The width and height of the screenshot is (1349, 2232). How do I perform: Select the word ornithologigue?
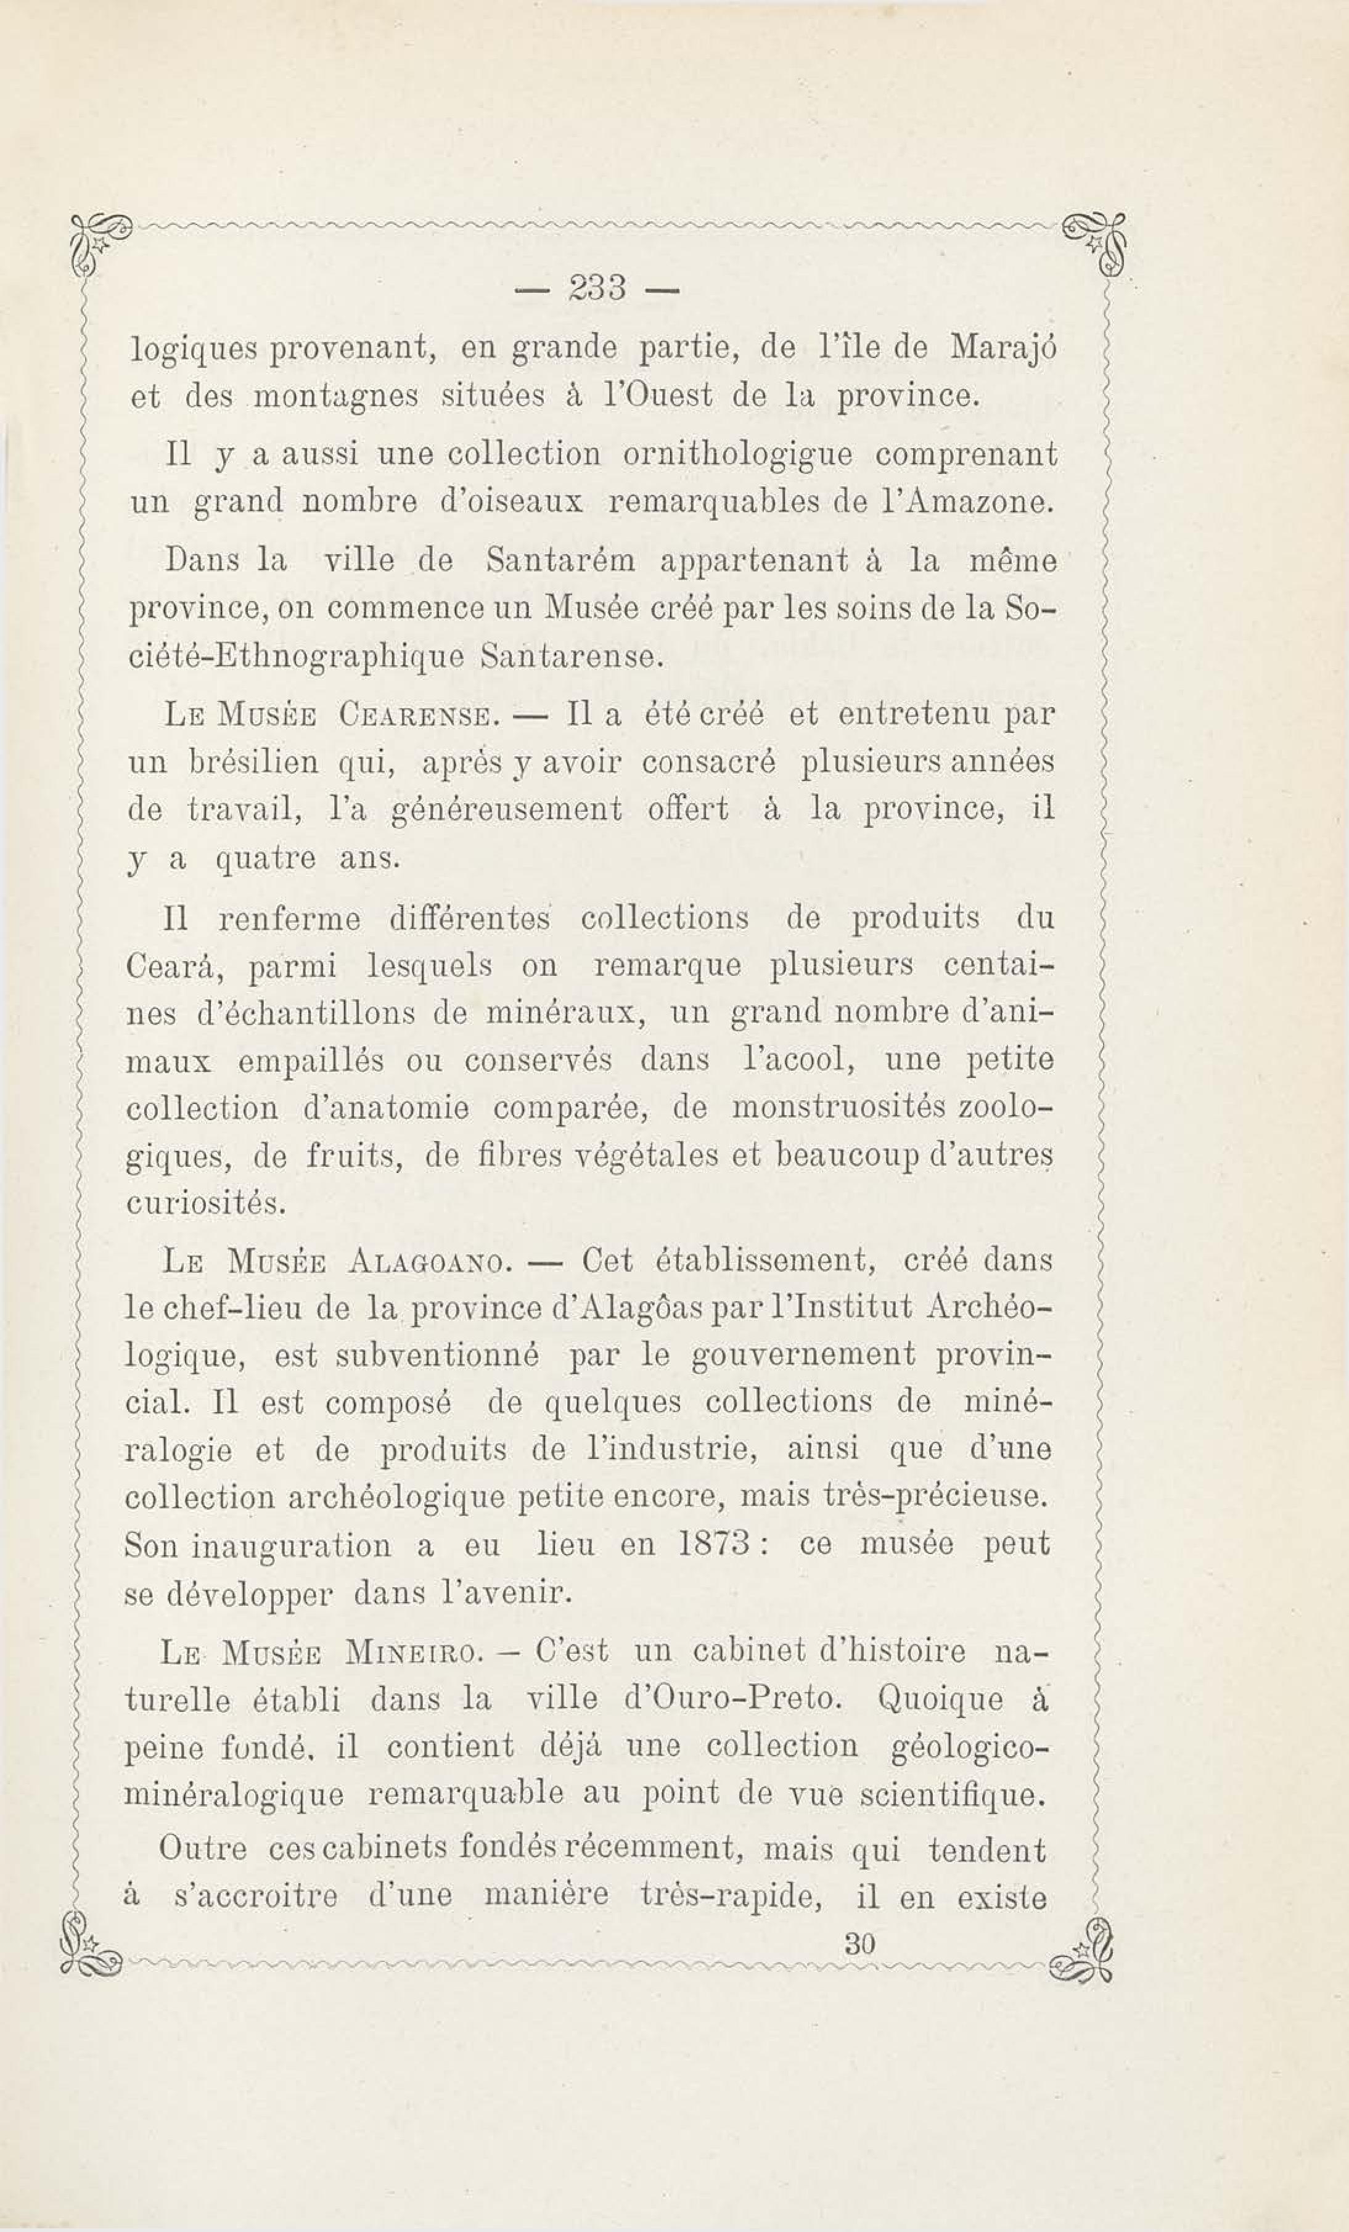click(737, 454)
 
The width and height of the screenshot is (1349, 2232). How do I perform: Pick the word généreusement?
click(506, 809)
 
